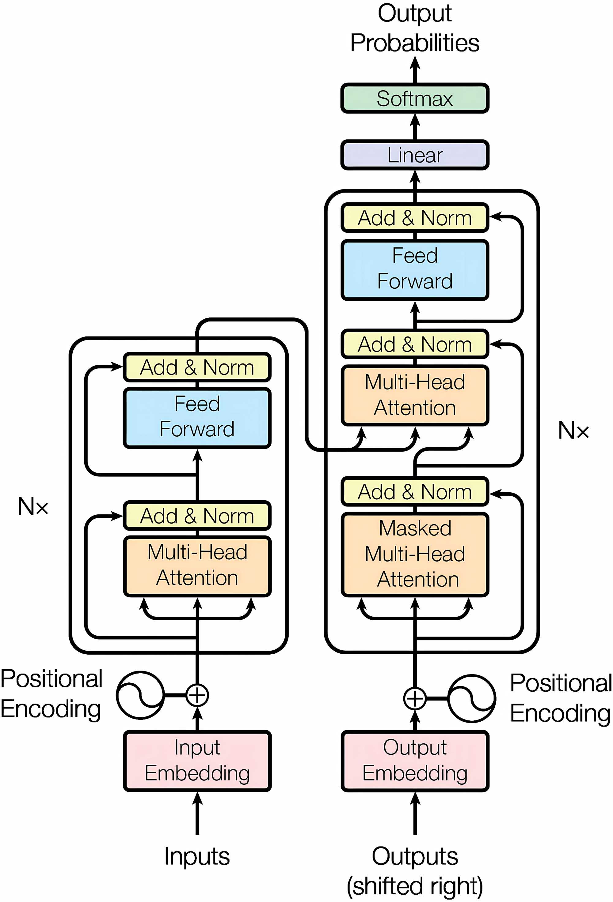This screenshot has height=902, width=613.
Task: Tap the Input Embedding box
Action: pos(197,761)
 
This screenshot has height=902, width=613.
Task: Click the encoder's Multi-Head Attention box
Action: pos(197,566)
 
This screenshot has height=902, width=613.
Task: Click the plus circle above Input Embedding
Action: pos(197,695)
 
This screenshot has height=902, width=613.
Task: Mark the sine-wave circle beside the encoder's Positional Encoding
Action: pos(140,695)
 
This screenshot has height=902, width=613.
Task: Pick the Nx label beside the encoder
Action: pos(33,506)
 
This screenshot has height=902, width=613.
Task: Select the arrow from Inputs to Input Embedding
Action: pos(197,813)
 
